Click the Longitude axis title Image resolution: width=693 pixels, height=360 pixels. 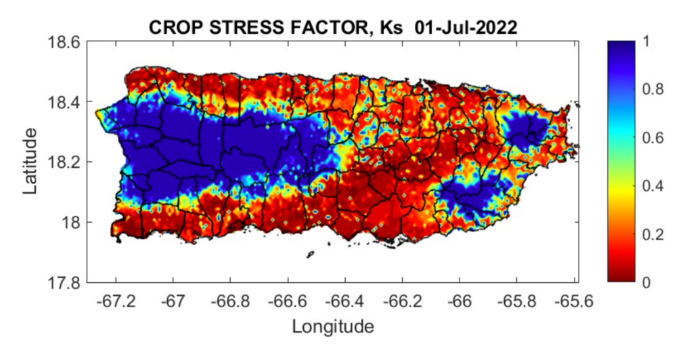pyautogui.click(x=332, y=327)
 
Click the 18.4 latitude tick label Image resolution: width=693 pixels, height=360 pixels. pyautogui.click(x=64, y=102)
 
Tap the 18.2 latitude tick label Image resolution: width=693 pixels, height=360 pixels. pyautogui.click(x=64, y=162)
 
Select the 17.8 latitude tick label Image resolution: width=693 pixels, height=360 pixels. pyautogui.click(x=64, y=282)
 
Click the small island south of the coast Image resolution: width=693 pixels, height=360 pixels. pyautogui.click(x=310, y=254)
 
